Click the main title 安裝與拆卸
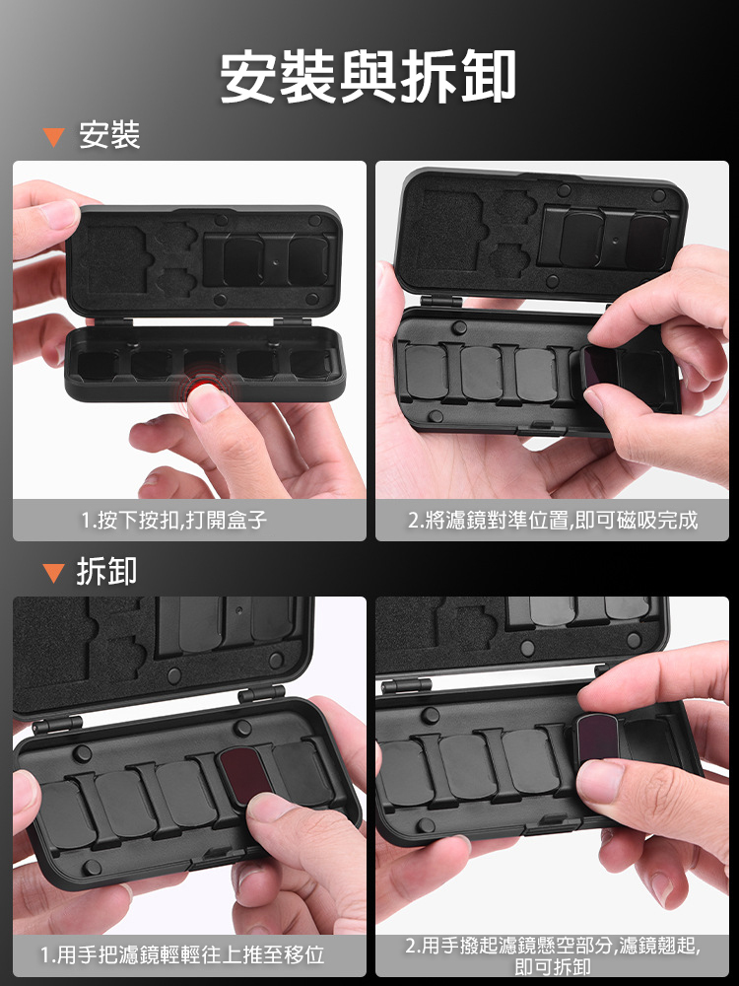[369, 77]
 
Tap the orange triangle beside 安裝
[54, 137]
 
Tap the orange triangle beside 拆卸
[54, 572]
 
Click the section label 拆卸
[106, 571]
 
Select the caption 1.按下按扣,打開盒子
[174, 520]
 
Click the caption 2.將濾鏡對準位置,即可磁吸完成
[553, 520]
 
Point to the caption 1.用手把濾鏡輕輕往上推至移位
[182, 955]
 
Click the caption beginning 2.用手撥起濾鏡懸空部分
[553, 955]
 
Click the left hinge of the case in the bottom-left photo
[57, 725]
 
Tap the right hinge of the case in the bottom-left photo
[261, 693]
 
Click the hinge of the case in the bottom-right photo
[407, 685]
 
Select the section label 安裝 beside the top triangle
[109, 136]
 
